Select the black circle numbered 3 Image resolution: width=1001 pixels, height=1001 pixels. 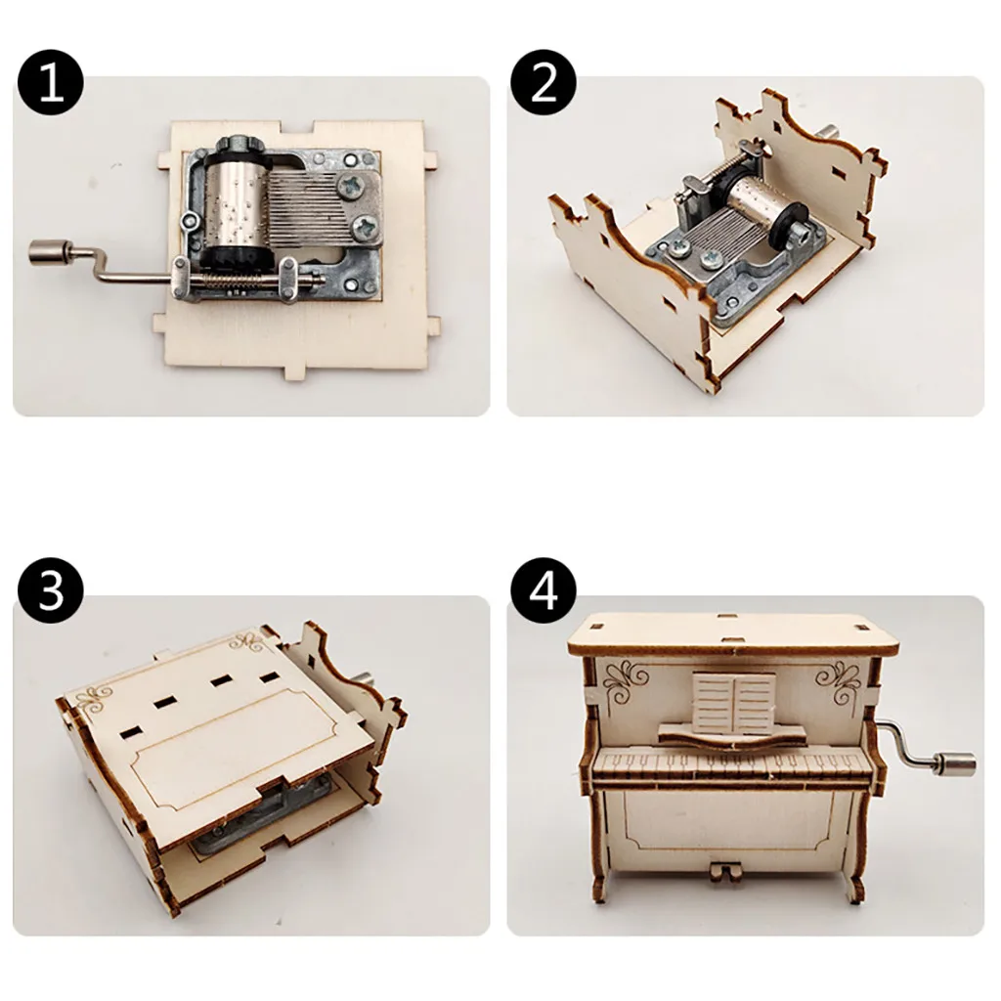coord(51,591)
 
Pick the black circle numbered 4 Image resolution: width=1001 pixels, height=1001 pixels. coord(544,591)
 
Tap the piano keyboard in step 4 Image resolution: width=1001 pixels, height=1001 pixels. coord(732,764)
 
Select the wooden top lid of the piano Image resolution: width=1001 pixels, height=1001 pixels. coord(733,632)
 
